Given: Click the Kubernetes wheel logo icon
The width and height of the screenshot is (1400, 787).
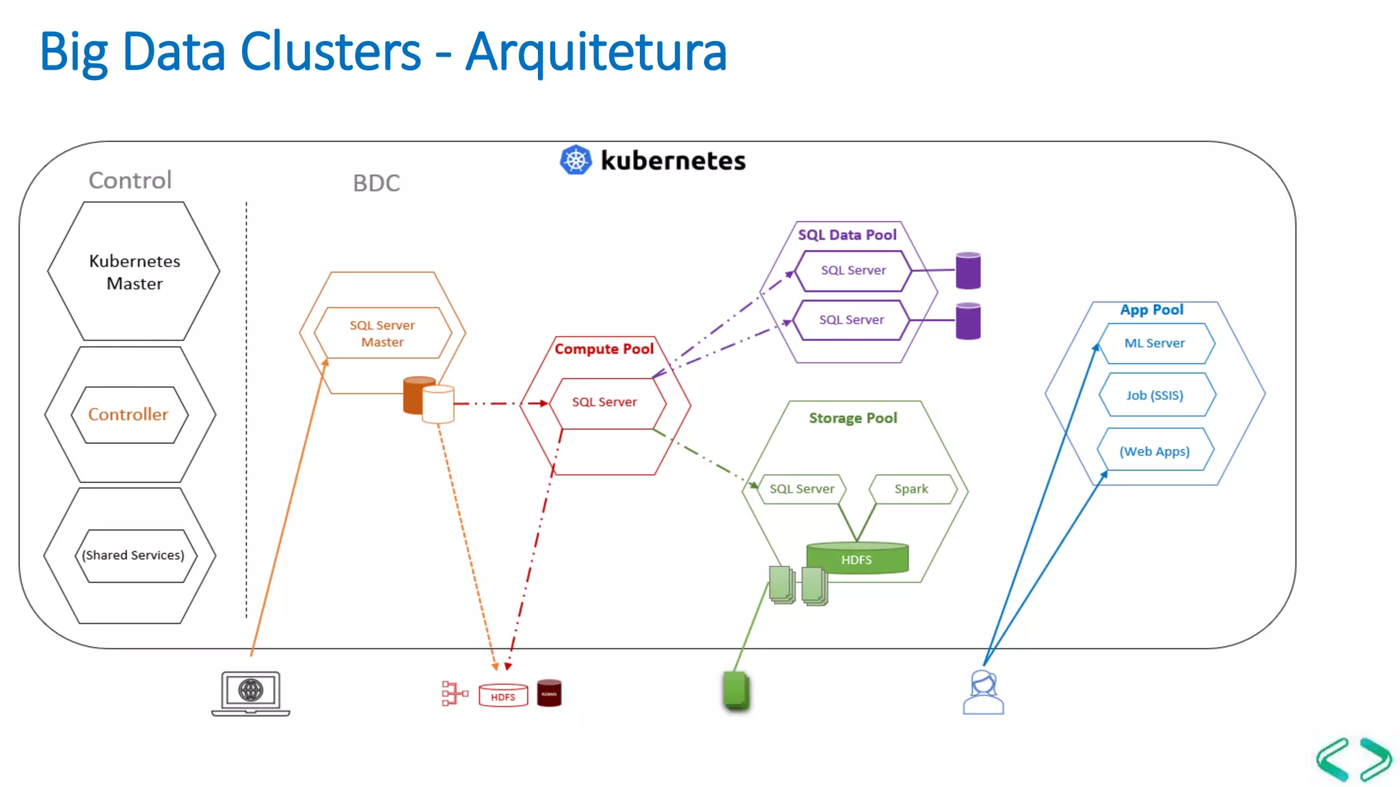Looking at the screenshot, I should (x=576, y=160).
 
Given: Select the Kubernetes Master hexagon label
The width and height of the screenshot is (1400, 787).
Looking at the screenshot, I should (x=135, y=272).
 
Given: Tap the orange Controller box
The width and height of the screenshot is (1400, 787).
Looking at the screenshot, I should (x=129, y=415).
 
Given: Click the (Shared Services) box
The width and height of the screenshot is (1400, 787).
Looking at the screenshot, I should (x=133, y=555).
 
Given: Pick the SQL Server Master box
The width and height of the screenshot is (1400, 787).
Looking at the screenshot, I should (x=382, y=333).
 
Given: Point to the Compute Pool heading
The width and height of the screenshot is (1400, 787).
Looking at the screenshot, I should (x=604, y=349).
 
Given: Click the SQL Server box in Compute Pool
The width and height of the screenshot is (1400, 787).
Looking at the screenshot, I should (x=604, y=402).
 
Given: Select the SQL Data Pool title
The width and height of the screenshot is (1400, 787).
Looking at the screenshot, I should (x=847, y=235).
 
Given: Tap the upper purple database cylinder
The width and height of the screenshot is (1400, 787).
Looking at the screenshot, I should (x=968, y=271).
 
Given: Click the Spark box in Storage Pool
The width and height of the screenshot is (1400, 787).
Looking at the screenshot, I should (x=911, y=489).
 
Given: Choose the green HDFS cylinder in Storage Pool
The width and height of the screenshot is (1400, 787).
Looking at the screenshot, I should (x=857, y=558).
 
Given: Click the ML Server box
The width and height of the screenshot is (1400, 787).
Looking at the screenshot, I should (x=1155, y=344).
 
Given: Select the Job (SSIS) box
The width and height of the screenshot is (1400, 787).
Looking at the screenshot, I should (x=1155, y=396).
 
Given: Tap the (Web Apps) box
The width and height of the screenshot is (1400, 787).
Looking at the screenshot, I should (x=1155, y=452).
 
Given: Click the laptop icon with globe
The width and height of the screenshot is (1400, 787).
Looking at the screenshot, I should (x=251, y=693).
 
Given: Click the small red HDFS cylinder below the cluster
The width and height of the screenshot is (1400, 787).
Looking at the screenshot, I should (x=503, y=696).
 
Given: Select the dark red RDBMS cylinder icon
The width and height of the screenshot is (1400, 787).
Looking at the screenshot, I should (x=549, y=693).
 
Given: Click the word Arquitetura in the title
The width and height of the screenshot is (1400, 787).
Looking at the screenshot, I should (x=596, y=52).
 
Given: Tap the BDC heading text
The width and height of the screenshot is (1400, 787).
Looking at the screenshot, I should (x=376, y=183).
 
